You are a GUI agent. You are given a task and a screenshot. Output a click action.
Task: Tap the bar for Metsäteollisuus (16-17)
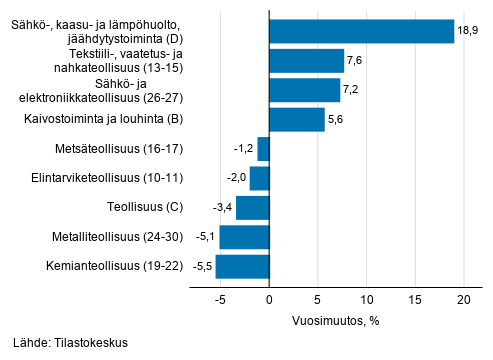(264, 149)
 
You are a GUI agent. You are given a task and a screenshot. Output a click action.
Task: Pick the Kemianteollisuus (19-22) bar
(243, 267)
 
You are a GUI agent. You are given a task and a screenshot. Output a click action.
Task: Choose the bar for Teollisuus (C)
(253, 208)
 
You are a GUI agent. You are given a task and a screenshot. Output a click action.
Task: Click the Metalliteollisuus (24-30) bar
(245, 238)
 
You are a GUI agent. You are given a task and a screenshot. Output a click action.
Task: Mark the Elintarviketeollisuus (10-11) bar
(260, 179)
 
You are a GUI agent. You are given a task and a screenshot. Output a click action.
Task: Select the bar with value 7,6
(307, 61)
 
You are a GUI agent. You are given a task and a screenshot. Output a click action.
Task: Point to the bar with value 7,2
(305, 90)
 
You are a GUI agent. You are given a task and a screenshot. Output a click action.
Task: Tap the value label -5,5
(201, 267)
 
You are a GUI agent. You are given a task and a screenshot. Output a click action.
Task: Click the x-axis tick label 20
(464, 298)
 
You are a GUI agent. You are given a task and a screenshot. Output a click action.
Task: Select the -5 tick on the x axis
(219, 298)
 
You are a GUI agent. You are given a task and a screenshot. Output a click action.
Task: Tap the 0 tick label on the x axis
(270, 298)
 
